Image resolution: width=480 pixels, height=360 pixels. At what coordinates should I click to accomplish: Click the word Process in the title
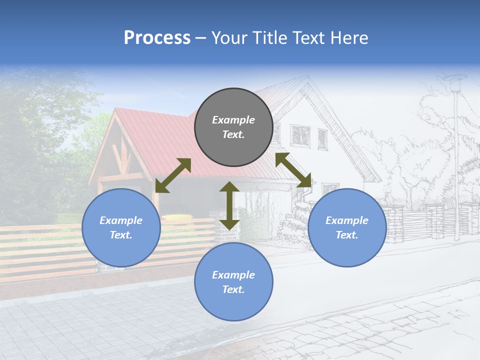157,38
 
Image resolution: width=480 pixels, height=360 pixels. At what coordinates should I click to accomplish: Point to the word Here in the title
349,38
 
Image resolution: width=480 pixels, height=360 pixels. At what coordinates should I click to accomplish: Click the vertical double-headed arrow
229,205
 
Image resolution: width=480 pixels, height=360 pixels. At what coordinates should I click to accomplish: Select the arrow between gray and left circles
173,175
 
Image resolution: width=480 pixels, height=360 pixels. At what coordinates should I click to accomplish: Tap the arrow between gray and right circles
293,170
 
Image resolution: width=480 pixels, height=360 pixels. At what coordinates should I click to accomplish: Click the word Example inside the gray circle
233,120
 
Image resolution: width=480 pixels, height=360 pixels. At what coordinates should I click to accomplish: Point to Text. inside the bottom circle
233,289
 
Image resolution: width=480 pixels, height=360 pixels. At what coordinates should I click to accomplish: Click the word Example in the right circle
347,220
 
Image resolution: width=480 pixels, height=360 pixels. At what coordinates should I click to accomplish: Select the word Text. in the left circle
121,235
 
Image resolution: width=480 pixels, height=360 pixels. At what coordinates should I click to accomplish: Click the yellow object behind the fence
173,217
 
